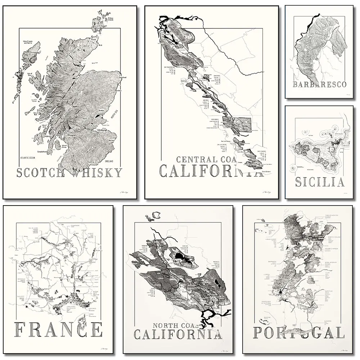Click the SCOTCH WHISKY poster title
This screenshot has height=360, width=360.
(x=69, y=173)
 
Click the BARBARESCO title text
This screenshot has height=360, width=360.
(x=320, y=85)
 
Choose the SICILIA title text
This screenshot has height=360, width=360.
(x=320, y=182)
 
